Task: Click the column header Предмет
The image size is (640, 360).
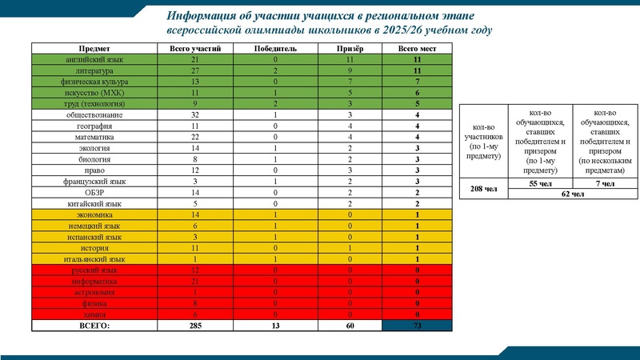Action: [x=96, y=49]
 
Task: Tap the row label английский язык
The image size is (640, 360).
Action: [x=96, y=60]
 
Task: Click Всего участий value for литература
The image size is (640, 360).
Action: [x=195, y=71]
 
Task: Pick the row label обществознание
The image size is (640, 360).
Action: [x=96, y=115]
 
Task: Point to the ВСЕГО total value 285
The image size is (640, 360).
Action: [x=195, y=326]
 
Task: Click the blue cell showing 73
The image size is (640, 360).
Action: [x=414, y=326]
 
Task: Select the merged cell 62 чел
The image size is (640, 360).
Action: [x=573, y=194]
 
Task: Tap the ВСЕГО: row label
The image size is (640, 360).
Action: [x=96, y=326]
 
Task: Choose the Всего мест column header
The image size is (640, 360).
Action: [x=414, y=49]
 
